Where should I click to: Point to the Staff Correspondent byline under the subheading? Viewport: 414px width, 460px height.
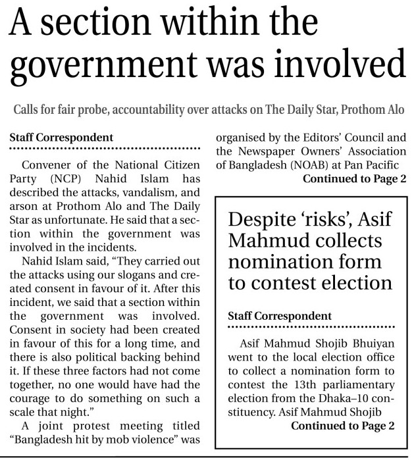click(x=60, y=138)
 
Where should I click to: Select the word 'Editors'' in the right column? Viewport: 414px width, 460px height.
click(x=311, y=138)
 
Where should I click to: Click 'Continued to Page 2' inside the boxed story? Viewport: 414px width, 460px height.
click(x=342, y=425)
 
